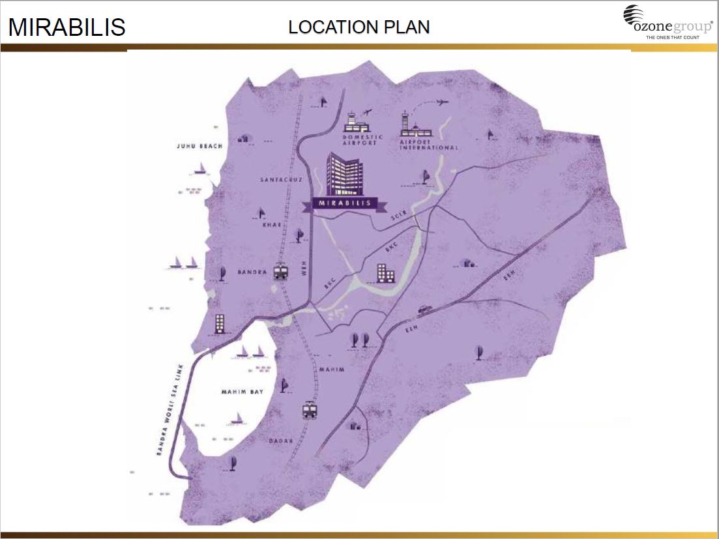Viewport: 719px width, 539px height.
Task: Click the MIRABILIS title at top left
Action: pyautogui.click(x=66, y=27)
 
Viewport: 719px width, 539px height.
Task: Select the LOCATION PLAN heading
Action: pyautogui.click(x=359, y=27)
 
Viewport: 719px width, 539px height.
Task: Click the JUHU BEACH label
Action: pyautogui.click(x=199, y=146)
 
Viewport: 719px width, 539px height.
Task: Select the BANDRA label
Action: pyautogui.click(x=252, y=272)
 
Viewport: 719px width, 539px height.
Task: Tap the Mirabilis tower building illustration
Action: pyautogui.click(x=345, y=173)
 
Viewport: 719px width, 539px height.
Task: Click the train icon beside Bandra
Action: pyautogui.click(x=281, y=270)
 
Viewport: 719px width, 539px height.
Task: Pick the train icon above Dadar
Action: pyautogui.click(x=310, y=410)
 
